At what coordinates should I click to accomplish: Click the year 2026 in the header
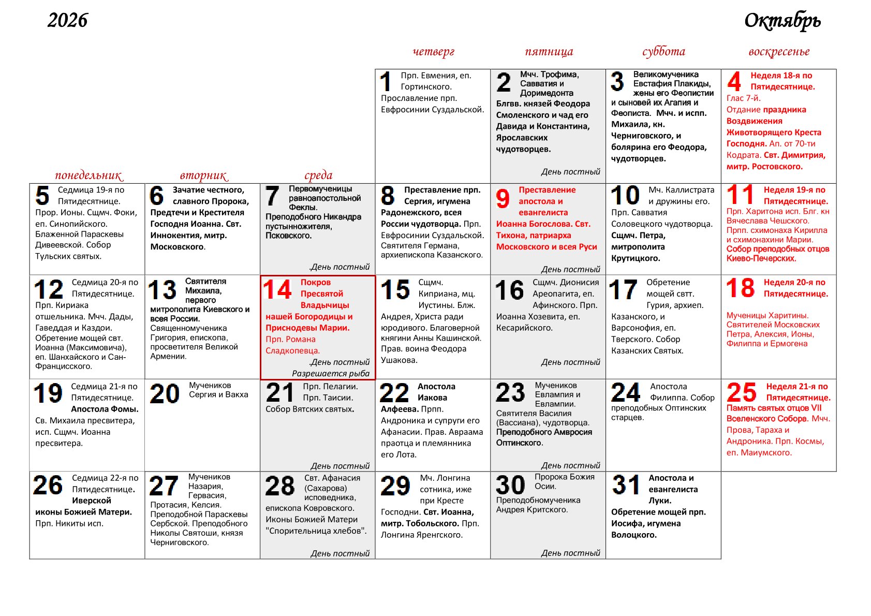[x=67, y=21]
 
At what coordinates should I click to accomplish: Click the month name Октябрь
[x=782, y=21]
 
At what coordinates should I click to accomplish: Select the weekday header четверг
[x=433, y=51]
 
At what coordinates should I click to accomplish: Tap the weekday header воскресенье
[x=778, y=51]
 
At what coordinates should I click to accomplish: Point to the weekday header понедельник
[x=88, y=175]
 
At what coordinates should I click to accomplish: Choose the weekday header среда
[x=318, y=175]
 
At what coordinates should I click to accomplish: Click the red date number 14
[x=277, y=290]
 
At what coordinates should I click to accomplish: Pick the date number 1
[x=386, y=82]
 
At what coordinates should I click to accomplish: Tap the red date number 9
[x=503, y=198]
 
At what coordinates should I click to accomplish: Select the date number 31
[x=625, y=485]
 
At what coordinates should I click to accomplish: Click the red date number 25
[x=741, y=393]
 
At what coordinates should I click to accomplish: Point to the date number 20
[x=164, y=394]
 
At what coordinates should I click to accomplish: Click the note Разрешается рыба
[x=331, y=373]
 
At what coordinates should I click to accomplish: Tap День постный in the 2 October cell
[x=570, y=172]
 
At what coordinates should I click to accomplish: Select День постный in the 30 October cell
[x=570, y=553]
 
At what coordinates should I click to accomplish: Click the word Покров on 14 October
[x=315, y=283]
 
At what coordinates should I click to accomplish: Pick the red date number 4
[x=734, y=82]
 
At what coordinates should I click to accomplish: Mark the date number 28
[x=279, y=486]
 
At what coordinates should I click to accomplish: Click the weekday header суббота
[x=663, y=51]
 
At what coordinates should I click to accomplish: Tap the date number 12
[x=49, y=290]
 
